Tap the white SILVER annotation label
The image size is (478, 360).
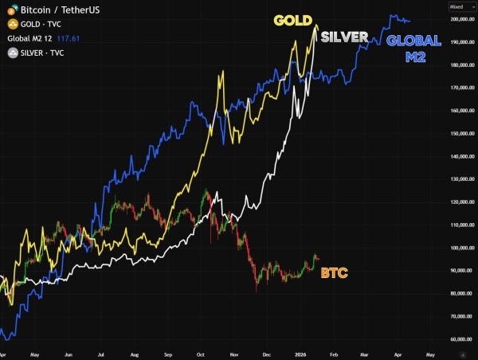[x=344, y=37]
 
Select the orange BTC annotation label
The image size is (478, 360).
[x=334, y=272]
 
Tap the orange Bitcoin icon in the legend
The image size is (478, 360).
[x=10, y=10]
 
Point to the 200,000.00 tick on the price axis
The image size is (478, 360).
[x=461, y=18]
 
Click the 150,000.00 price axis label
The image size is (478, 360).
[x=461, y=134]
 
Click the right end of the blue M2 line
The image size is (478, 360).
[x=409, y=21]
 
